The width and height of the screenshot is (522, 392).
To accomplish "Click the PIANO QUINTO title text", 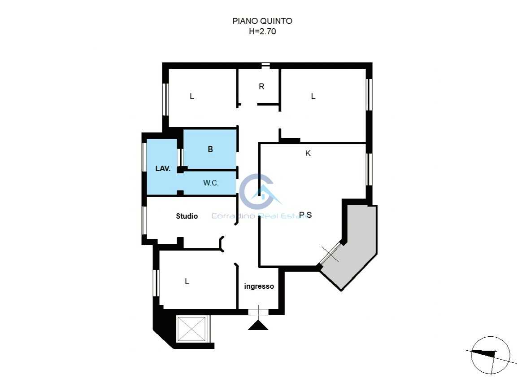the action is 262,21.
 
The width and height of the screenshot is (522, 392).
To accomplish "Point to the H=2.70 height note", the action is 262,31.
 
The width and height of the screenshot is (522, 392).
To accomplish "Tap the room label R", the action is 261,87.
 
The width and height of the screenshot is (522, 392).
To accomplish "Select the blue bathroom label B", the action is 210,150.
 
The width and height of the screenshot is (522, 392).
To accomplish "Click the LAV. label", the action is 163,169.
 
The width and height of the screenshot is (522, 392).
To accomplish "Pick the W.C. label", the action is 211,183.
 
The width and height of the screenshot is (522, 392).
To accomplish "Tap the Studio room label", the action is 187,216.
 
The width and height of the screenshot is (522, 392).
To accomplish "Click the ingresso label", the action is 259,286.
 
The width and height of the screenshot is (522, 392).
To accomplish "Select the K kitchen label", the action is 308,153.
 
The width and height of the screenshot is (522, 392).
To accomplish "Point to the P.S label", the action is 305,215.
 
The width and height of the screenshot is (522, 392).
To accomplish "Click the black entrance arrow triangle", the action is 258,325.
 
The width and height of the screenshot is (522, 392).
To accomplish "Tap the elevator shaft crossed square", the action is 191,329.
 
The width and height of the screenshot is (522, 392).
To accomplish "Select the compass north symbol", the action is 490,355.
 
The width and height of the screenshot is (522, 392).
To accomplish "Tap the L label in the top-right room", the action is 313,97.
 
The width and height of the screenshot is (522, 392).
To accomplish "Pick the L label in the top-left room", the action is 192,97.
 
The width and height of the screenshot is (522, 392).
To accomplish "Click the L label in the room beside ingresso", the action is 187,282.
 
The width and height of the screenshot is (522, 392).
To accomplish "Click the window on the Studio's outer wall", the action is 144,220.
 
